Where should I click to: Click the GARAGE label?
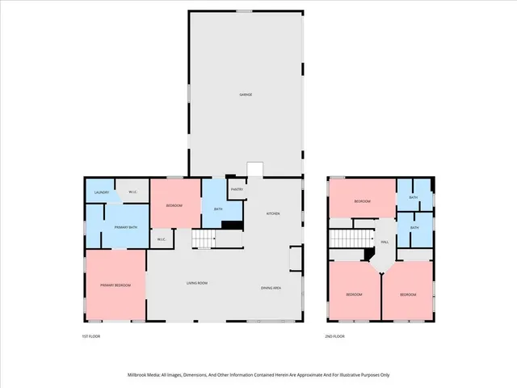246,95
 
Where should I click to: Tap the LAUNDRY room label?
102,192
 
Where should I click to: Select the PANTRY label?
237,189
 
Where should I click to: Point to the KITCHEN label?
273,213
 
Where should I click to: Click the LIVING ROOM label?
198,283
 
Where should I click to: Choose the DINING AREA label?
271,288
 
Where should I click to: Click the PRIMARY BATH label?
124,229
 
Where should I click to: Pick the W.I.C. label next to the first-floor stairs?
161,238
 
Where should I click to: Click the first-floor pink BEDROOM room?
174,205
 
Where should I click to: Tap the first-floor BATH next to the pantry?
218,209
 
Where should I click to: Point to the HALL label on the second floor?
385,241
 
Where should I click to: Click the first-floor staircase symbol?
204,239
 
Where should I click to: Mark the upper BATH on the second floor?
413,196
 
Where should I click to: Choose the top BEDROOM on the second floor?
362,201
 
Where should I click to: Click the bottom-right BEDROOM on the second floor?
408,294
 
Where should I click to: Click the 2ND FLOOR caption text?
334,336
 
